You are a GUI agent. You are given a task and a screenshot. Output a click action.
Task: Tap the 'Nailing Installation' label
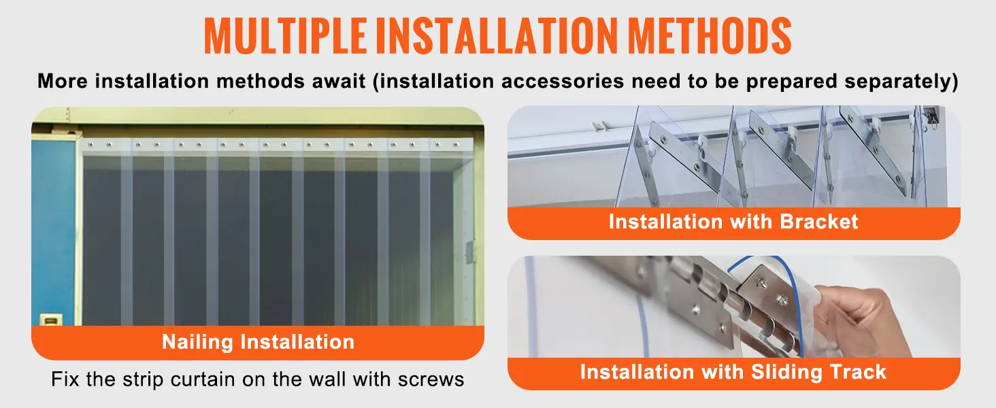point(258,341)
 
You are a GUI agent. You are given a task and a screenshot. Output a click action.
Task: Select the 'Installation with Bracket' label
point(733,222)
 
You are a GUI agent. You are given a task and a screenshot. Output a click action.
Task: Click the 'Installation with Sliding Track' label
point(733,372)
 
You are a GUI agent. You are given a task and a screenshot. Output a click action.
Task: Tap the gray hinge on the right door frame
point(468,250)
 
